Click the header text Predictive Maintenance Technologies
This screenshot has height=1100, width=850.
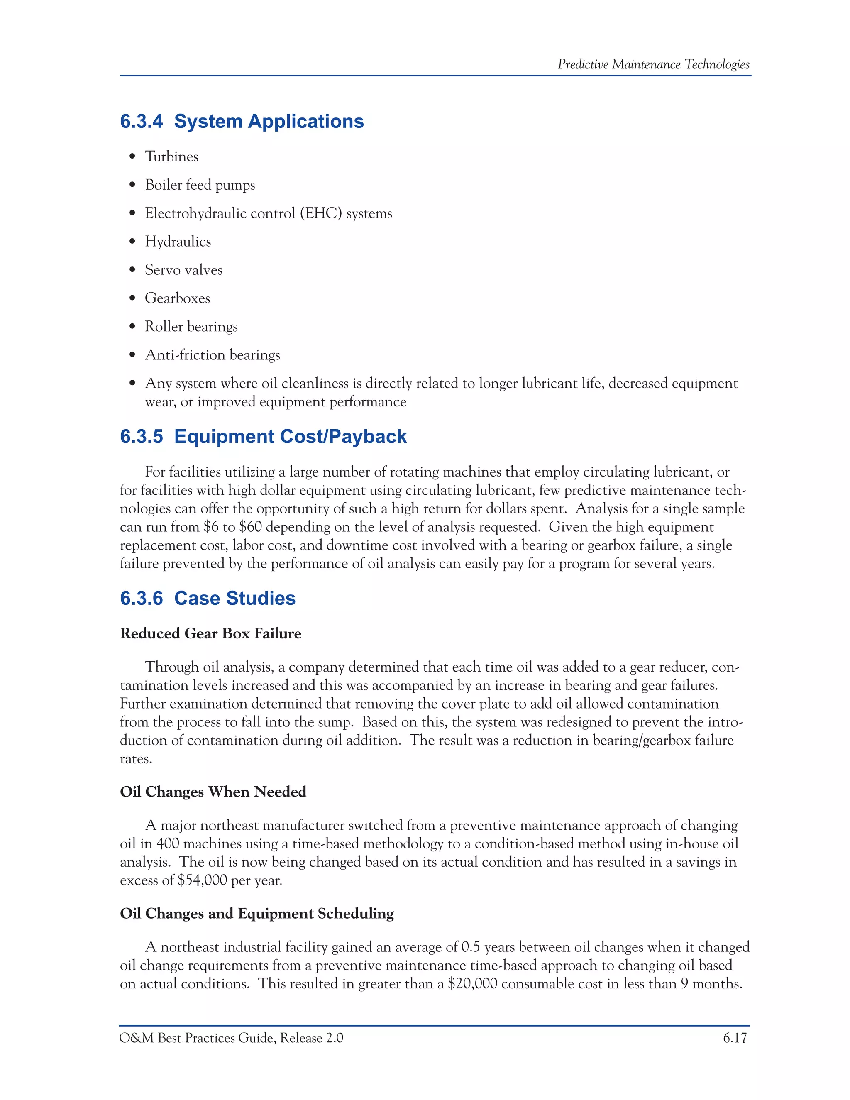pos(653,64)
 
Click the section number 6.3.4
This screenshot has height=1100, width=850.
pos(142,121)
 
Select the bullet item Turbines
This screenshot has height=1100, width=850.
pos(171,156)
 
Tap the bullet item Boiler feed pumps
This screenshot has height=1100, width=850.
pos(200,185)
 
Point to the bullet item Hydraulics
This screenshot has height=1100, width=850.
pos(178,242)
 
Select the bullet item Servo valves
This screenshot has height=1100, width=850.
pos(183,270)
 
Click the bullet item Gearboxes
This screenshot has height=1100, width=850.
pos(177,298)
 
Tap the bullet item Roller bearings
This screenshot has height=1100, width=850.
pos(191,326)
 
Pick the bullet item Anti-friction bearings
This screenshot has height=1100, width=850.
pos(212,355)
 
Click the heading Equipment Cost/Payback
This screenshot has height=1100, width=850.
pos(290,436)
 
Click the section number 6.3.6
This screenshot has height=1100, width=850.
pos(142,598)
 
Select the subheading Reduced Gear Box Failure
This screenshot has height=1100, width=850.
pos(210,633)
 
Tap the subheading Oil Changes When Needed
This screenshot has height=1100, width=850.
pos(213,792)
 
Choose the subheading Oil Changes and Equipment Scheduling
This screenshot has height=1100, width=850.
pos(257,914)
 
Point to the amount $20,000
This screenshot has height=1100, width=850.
pos(472,984)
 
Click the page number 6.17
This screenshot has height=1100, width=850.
pos(734,1038)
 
